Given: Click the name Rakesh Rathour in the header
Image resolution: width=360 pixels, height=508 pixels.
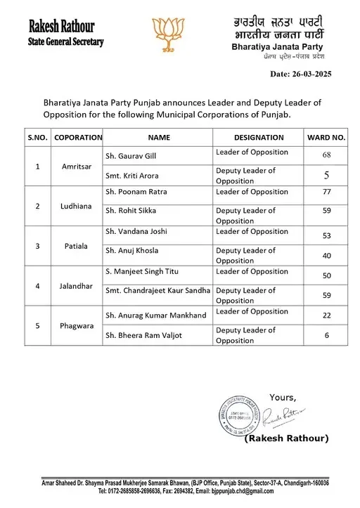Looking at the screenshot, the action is point(62,27).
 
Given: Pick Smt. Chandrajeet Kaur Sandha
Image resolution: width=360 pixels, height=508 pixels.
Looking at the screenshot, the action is point(157,290).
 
